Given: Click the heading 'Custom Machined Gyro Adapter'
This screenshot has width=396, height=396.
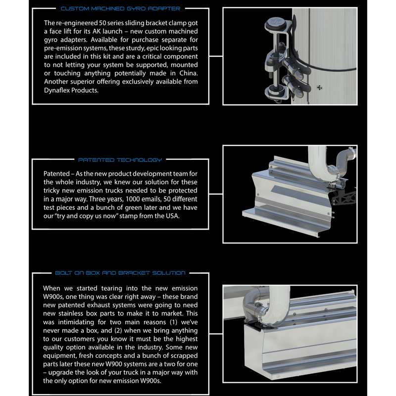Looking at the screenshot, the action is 120,8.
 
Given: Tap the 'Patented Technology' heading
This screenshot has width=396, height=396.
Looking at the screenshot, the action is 120,160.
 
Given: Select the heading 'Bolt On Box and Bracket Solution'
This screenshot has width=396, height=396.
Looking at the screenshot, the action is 120,273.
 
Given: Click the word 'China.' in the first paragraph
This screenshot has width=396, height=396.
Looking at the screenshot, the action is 189,73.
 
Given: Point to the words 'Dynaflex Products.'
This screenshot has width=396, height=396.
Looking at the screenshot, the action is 71,90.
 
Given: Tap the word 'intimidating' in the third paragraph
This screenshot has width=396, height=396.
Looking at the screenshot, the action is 76,322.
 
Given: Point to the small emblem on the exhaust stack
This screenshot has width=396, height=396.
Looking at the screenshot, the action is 319,88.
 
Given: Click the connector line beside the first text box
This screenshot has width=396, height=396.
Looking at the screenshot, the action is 216,56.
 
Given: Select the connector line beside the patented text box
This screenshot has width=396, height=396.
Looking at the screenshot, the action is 216,194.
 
